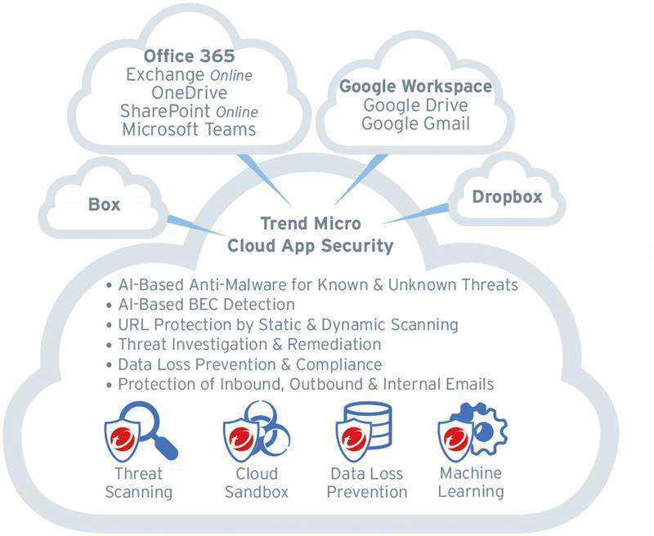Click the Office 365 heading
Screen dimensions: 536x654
[x=189, y=56]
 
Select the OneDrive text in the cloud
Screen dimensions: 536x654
[x=189, y=93]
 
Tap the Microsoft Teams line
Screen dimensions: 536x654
[x=189, y=129]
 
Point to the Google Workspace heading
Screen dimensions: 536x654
[x=415, y=87]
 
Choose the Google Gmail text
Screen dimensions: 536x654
[x=415, y=123]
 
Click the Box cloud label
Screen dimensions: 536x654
[x=104, y=204]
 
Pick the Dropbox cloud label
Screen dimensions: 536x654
[x=507, y=197]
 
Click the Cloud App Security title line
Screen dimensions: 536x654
[x=310, y=246]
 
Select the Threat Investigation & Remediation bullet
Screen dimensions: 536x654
[x=249, y=344]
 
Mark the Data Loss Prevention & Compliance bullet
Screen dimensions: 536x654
[x=249, y=364]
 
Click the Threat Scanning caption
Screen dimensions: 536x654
[x=138, y=483]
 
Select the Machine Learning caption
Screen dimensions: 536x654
[x=470, y=482]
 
